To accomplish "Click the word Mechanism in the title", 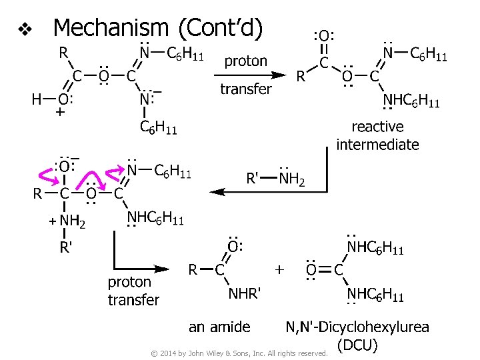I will pos(111,28).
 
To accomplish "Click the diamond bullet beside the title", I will pos(25,29).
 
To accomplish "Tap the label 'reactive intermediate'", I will pos(377,135).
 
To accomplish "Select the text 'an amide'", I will pos(219,327).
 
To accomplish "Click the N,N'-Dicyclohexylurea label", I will pos(357,327).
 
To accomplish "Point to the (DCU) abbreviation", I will pos(357,345).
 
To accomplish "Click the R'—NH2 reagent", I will pos(275,179).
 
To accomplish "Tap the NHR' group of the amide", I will pos(245,293).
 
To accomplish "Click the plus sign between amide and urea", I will pos(279,269).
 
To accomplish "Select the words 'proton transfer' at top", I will pos(245,75).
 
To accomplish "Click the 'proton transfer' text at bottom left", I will pos(133,291).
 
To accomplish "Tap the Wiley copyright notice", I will pos(239,353).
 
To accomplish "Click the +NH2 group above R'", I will pos(69,221).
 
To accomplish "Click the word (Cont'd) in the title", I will pos(221,28).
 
